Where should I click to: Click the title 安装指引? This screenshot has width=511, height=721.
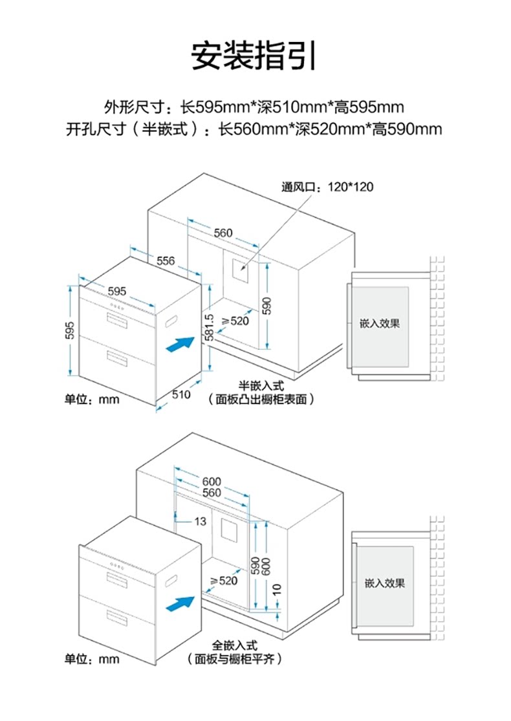tap(254, 56)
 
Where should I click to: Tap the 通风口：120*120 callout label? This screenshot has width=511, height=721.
tap(327, 188)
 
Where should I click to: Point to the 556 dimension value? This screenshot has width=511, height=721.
tap(166, 261)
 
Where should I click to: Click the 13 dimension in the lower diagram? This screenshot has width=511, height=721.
tap(200, 521)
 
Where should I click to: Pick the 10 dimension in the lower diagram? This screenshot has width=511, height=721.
tap(277, 590)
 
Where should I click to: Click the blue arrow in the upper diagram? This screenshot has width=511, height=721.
tap(180, 343)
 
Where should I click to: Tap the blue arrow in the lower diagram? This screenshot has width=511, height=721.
tap(180, 605)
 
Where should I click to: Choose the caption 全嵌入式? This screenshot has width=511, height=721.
tap(235, 646)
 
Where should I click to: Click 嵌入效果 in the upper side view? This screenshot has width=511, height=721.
tap(380, 323)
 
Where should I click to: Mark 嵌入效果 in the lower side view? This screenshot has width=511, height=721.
tap(385, 583)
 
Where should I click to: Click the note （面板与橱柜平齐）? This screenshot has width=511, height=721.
tap(234, 659)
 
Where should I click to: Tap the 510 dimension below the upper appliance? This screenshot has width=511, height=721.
tap(181, 395)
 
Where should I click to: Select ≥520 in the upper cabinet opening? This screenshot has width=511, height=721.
tap(236, 321)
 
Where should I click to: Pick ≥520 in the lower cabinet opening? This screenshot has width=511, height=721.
tap(224, 581)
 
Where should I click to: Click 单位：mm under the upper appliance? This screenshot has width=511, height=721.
tap(92, 399)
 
